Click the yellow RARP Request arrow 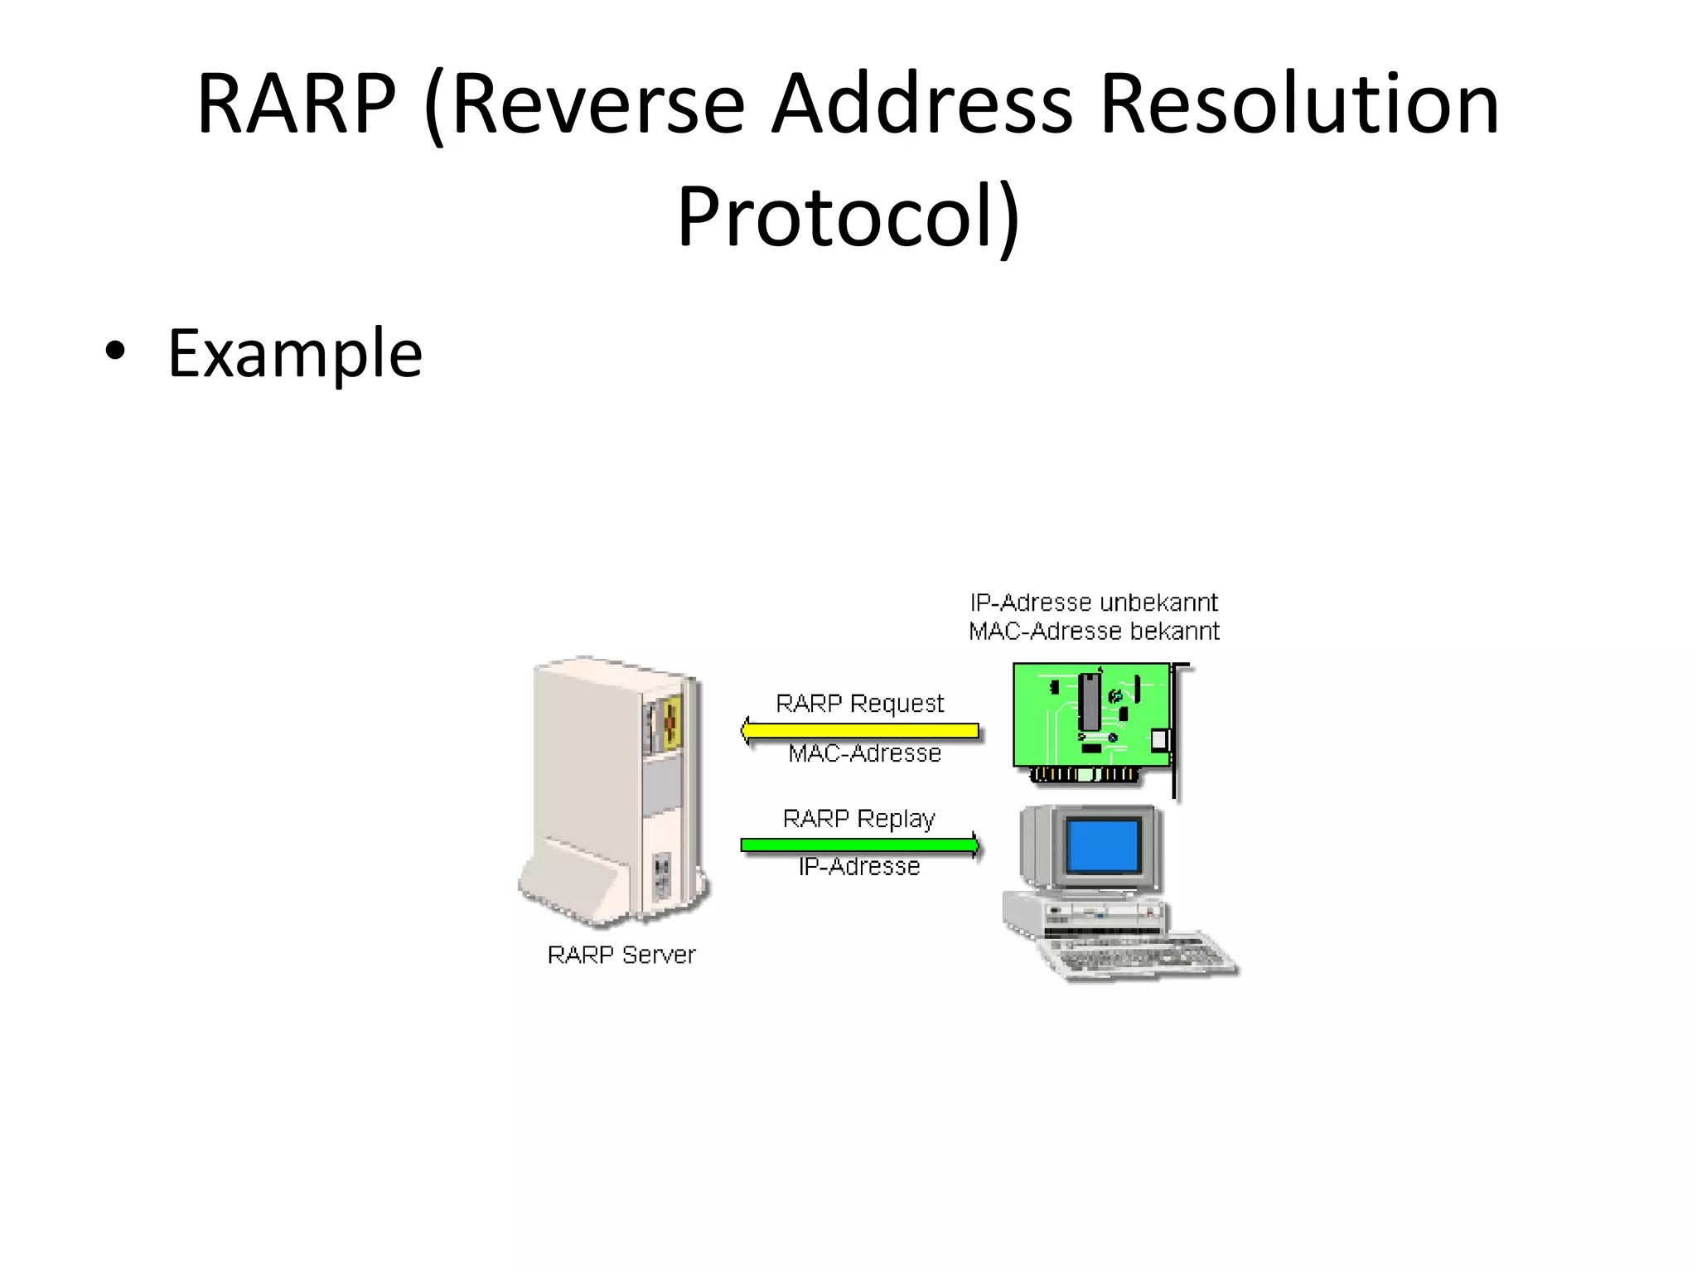(862, 731)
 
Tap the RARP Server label (621, 955)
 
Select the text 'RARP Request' (859, 704)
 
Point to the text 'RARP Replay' (858, 819)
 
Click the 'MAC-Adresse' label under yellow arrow (864, 753)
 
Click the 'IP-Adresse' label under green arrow (859, 867)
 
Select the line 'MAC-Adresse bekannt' (1094, 632)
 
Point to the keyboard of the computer (1143, 957)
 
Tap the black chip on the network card (1090, 701)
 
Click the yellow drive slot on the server (672, 723)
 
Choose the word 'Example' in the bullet (295, 353)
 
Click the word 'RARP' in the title (296, 104)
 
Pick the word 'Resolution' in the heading (1298, 104)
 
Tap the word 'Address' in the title (921, 104)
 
